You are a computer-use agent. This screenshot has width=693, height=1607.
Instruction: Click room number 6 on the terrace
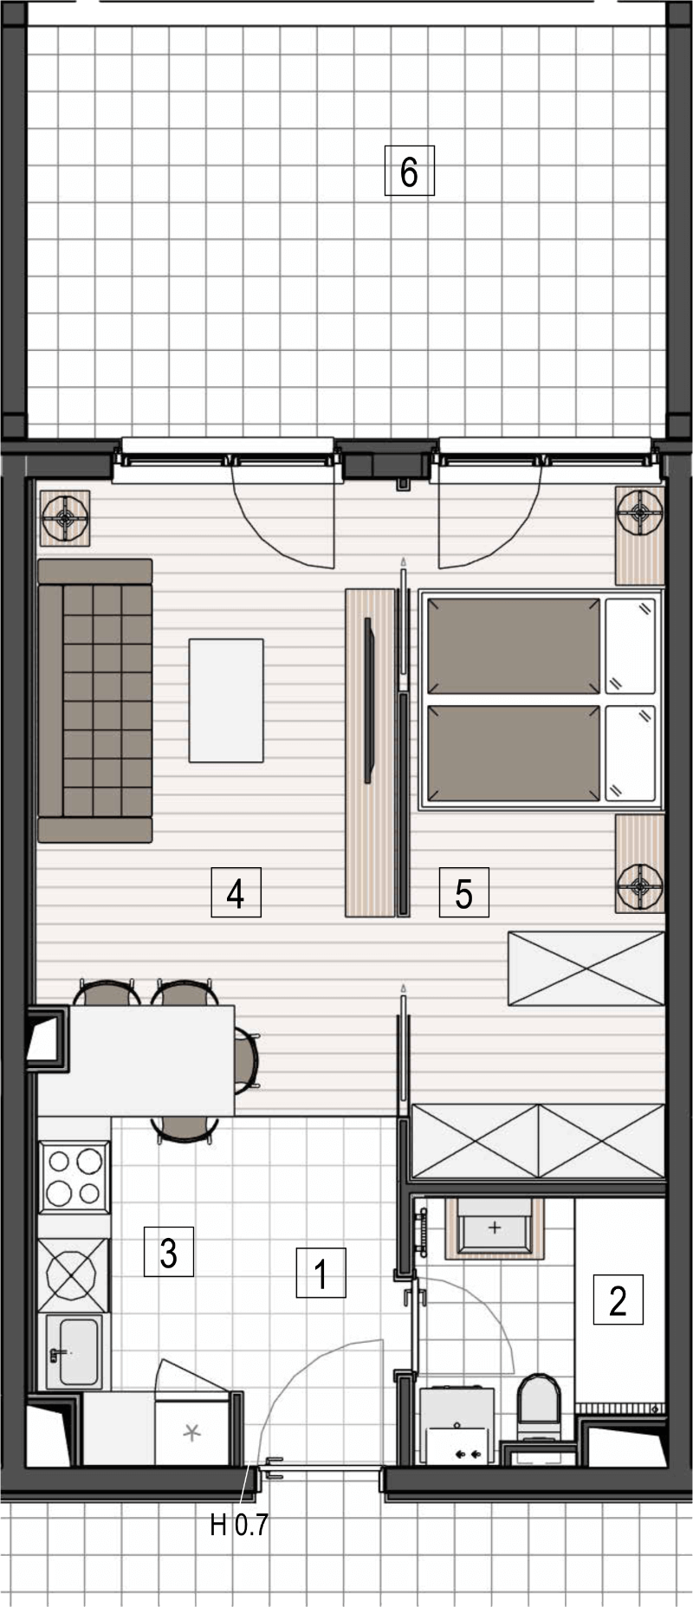point(409,172)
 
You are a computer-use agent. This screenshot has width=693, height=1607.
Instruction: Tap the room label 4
point(236,893)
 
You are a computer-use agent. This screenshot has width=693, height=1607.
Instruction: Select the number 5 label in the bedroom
point(463,893)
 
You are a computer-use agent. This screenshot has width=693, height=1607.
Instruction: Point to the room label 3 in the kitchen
point(169,1252)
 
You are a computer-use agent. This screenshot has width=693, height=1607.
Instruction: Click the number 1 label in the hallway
point(321,1273)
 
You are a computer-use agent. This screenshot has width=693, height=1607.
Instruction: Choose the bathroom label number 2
point(619,1299)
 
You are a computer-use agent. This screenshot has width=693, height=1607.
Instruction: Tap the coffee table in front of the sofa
point(226,700)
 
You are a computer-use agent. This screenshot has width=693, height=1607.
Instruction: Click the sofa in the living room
point(94,700)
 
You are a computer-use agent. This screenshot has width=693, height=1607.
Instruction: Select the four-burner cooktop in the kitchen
point(74,1177)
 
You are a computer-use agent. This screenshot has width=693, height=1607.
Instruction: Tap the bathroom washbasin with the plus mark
point(494,1229)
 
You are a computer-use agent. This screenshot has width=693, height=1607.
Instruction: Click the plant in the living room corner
point(65,519)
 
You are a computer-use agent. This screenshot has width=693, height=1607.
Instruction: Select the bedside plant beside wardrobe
point(640,884)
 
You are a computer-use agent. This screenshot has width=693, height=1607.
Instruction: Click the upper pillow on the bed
point(630,645)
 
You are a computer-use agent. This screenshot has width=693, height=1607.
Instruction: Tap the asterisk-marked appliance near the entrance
point(191,1432)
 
